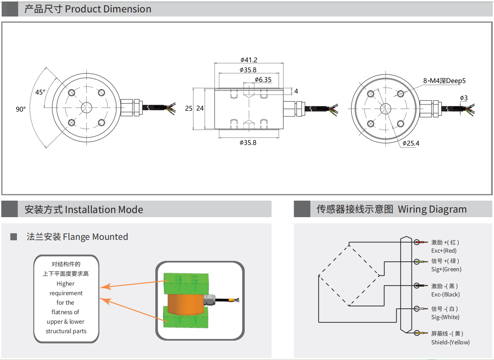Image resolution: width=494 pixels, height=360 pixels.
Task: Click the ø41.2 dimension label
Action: point(248,60)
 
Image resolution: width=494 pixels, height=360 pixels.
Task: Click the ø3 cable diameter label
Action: point(464,98)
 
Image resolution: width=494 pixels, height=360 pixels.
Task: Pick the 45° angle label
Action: point(40,92)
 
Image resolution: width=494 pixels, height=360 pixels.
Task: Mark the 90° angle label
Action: point(21,109)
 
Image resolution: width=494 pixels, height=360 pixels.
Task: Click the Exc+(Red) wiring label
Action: point(444,251)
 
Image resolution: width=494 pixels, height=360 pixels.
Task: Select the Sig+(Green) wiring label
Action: point(446,269)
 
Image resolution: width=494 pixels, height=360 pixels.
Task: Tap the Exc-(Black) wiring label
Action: point(445,294)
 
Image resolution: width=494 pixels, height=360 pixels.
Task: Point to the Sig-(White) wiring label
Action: point(445,317)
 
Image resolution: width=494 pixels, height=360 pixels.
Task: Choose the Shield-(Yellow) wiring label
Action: point(450,342)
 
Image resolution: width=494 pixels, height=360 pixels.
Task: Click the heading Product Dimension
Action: point(108,9)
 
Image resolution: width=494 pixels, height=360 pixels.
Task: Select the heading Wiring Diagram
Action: point(432,209)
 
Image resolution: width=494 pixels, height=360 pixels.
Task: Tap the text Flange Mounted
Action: point(95,237)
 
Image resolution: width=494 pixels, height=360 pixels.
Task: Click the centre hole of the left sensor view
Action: point(86,107)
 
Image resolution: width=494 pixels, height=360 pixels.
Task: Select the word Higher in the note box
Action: point(66,284)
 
